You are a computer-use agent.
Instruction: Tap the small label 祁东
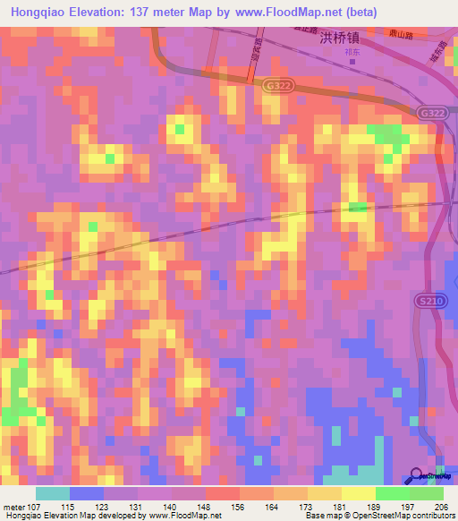coord(352,52)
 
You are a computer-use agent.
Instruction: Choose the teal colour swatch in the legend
coord(52,493)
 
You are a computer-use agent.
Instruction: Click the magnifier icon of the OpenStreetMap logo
coord(416,475)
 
